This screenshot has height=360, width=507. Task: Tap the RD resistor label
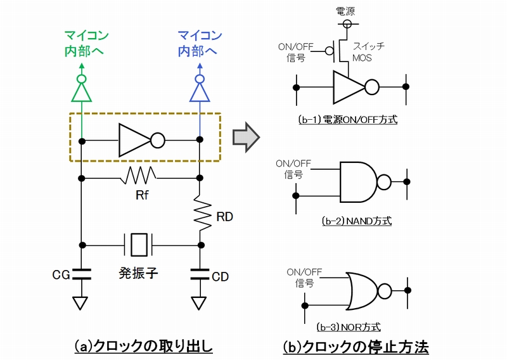(x=224, y=217)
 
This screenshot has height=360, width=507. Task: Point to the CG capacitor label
(x=61, y=274)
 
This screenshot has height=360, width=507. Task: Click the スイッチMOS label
(x=368, y=52)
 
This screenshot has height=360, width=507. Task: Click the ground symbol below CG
(x=81, y=303)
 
